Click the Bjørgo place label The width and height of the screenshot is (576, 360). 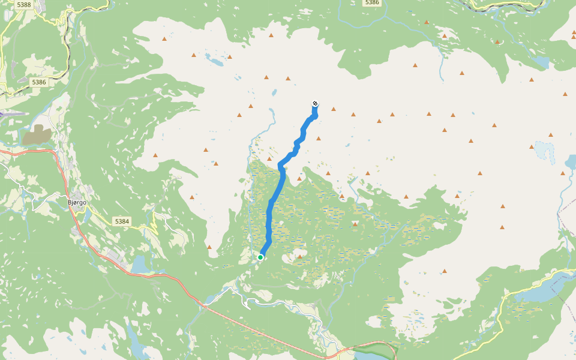pos(77,202)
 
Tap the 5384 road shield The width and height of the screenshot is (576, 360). pos(122,221)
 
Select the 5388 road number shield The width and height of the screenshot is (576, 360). pos(25,5)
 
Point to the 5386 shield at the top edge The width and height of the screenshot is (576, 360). pos(372,3)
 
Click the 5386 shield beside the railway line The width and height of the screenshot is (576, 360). pos(39,82)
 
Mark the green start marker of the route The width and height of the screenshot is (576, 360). pos(260,257)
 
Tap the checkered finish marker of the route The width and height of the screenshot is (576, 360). pos(315,104)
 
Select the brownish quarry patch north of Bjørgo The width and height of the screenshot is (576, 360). pos(37,135)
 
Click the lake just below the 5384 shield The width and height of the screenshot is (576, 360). pos(140,265)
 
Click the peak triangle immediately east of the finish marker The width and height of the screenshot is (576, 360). pos(334,109)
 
